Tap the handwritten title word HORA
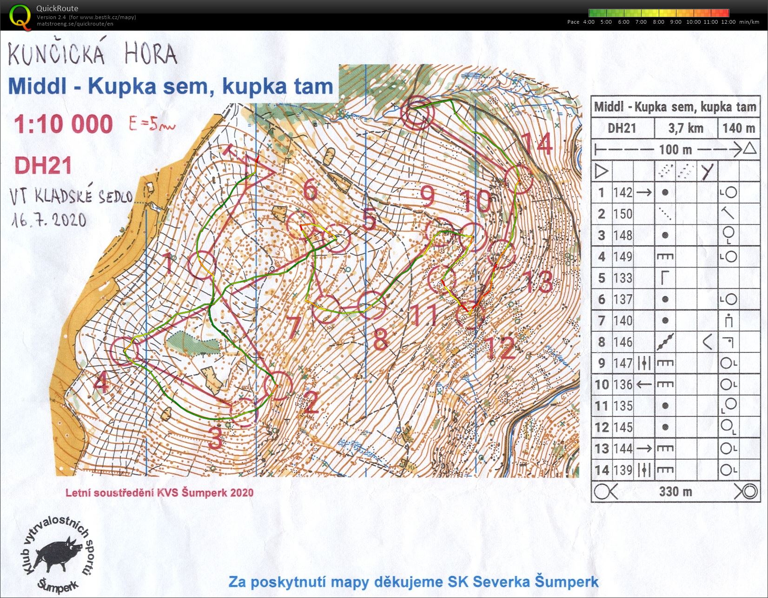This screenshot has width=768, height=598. [150, 55]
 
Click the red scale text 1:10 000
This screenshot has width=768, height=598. [63, 124]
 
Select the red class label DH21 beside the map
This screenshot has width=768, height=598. [43, 165]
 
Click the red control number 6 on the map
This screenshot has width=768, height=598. [311, 190]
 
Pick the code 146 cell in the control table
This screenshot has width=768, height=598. [623, 342]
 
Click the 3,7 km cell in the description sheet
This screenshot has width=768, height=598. [686, 128]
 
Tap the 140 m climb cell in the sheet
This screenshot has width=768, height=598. [738, 128]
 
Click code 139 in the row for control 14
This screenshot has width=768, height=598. [623, 470]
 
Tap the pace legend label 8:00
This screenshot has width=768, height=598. [659, 22]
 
